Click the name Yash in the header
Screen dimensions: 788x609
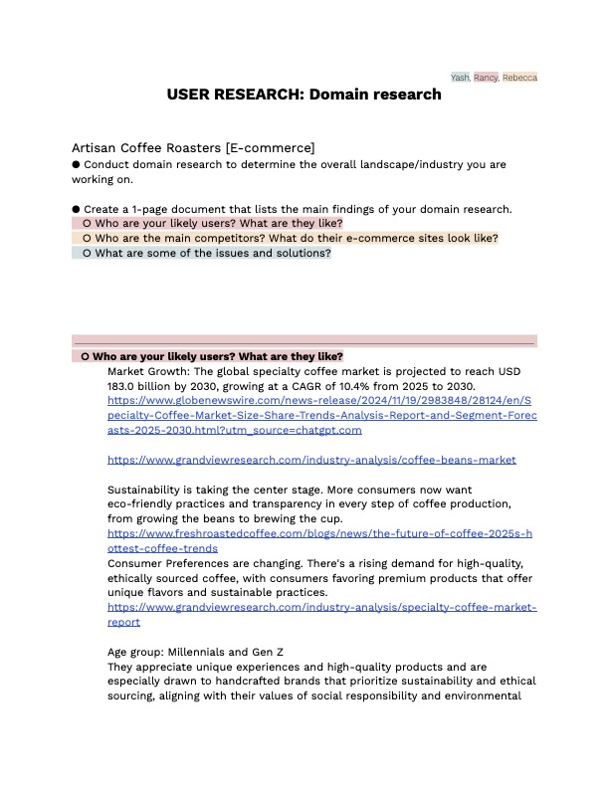[460, 77]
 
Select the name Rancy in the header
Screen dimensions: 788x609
[486, 77]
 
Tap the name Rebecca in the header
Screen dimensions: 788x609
[519, 77]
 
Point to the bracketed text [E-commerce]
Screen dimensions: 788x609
[269, 147]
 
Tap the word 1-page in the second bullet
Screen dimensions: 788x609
[149, 209]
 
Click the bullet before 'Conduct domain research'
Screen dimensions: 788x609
[76, 164]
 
